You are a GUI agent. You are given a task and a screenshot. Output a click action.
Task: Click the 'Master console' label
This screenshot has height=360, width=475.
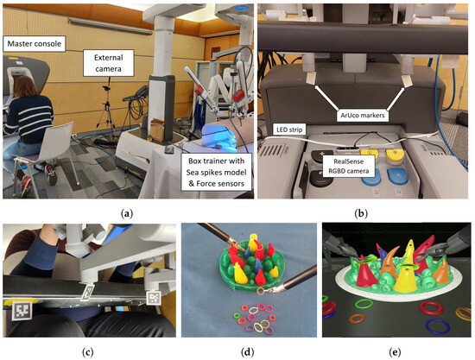coord(35,44)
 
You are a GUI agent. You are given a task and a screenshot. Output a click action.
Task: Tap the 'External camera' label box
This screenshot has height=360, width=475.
coord(109,63)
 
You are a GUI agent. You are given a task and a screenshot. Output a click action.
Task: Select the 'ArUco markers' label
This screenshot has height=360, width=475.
coord(363,116)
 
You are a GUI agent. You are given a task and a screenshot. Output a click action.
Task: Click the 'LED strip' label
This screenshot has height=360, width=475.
coord(289,129)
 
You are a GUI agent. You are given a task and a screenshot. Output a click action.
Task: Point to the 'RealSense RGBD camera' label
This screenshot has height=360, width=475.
coord(349,167)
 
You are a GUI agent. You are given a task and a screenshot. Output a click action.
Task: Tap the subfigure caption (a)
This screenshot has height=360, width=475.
coord(127,214)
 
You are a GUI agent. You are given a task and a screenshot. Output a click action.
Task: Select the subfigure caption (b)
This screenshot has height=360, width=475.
coord(361,214)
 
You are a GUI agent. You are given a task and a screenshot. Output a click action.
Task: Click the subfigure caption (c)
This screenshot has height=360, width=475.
coord(88,352)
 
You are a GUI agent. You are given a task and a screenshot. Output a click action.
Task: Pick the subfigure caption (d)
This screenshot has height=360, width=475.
coord(248,352)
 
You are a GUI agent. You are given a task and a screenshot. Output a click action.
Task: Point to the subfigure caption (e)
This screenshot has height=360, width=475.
coord(396,352)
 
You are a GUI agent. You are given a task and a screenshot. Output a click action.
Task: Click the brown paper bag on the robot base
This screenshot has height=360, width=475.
coord(157,129)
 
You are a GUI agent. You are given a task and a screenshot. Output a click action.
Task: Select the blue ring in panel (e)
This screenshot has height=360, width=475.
coord(438,325)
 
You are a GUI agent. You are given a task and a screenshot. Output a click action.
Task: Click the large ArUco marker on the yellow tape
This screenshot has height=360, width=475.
coord(22,310)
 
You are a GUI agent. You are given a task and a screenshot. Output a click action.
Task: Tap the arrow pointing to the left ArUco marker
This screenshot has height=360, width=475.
coord(326,98)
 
